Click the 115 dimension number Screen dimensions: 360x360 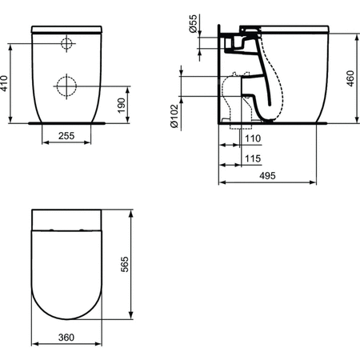click(x=252, y=158)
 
